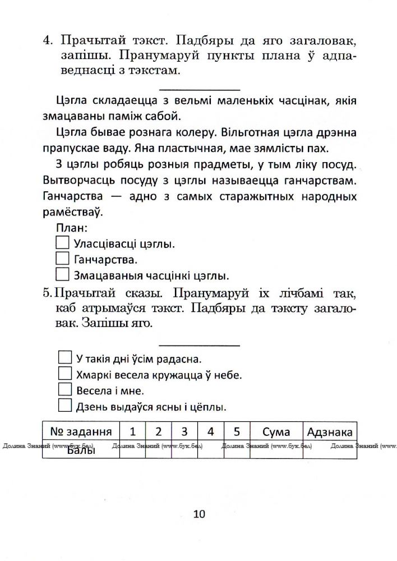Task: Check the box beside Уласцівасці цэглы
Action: click(x=63, y=243)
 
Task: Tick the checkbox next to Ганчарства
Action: click(x=63, y=259)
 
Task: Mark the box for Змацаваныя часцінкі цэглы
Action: click(x=63, y=275)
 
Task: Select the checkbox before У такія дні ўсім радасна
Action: click(x=65, y=358)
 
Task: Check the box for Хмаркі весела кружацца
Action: click(x=65, y=374)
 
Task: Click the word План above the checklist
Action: click(x=72, y=228)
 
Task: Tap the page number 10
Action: click(x=199, y=514)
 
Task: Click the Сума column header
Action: click(x=276, y=431)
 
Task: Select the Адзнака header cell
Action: click(x=330, y=431)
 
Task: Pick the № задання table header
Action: click(x=81, y=431)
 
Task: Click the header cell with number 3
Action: click(x=184, y=431)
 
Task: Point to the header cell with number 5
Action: click(x=237, y=431)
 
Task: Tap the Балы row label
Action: click(x=80, y=450)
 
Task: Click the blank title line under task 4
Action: click(x=200, y=89)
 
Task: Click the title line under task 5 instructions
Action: click(x=200, y=345)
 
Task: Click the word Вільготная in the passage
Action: click(x=253, y=133)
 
